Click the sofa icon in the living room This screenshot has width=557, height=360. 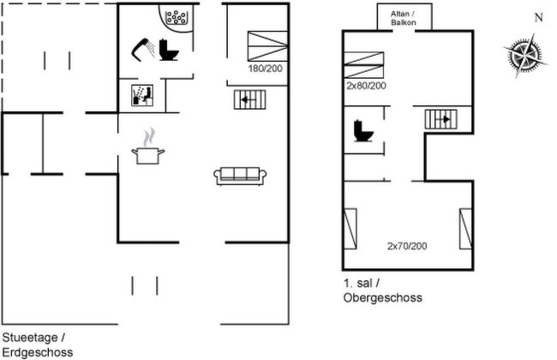[240, 176]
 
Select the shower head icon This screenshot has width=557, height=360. [143, 50]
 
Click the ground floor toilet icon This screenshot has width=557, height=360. [168, 50]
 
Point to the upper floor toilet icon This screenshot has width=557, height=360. [363, 131]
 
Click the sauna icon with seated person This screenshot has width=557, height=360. [142, 95]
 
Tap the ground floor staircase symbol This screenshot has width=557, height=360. [249, 100]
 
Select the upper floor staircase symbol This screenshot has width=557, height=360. [440, 119]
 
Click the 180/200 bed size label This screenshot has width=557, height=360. [266, 69]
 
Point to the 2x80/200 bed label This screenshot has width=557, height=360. [366, 86]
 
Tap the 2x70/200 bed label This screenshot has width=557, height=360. [407, 246]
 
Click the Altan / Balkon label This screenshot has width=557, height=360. [404, 18]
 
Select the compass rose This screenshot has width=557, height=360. [525, 55]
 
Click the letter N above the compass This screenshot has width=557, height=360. [539, 17]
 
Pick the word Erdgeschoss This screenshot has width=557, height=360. [38, 352]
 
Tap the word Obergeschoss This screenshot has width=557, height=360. [383, 297]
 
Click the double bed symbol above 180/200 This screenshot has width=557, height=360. [267, 46]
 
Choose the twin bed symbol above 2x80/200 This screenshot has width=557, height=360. [364, 65]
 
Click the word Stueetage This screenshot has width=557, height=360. [30, 338]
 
